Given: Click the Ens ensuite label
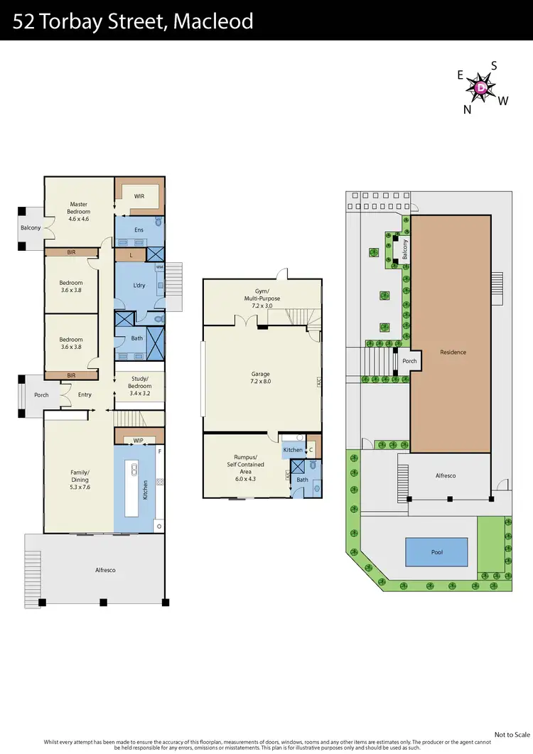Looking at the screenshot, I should coord(139,230).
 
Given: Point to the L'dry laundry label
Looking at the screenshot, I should coord(139,286).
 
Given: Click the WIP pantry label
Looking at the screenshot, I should coord(139,441).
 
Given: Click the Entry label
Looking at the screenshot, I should coord(85,394).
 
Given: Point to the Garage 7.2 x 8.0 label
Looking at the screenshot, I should coord(262,377).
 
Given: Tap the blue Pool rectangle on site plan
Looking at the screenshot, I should coord(436,551).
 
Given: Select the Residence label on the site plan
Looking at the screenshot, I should coord(453,352).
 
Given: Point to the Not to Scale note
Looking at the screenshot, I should coord(512,734).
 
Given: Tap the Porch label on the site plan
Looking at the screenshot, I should coord(409,360).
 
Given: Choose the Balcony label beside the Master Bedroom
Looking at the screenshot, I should coord(31,228).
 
